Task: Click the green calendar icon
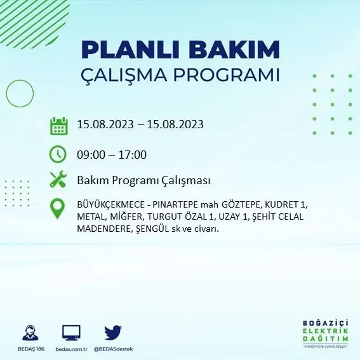click(58, 125)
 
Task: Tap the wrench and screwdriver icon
click(58, 180)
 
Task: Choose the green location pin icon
click(58, 209)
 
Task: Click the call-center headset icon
click(29, 333)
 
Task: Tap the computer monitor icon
click(71, 333)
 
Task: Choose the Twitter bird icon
click(113, 333)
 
